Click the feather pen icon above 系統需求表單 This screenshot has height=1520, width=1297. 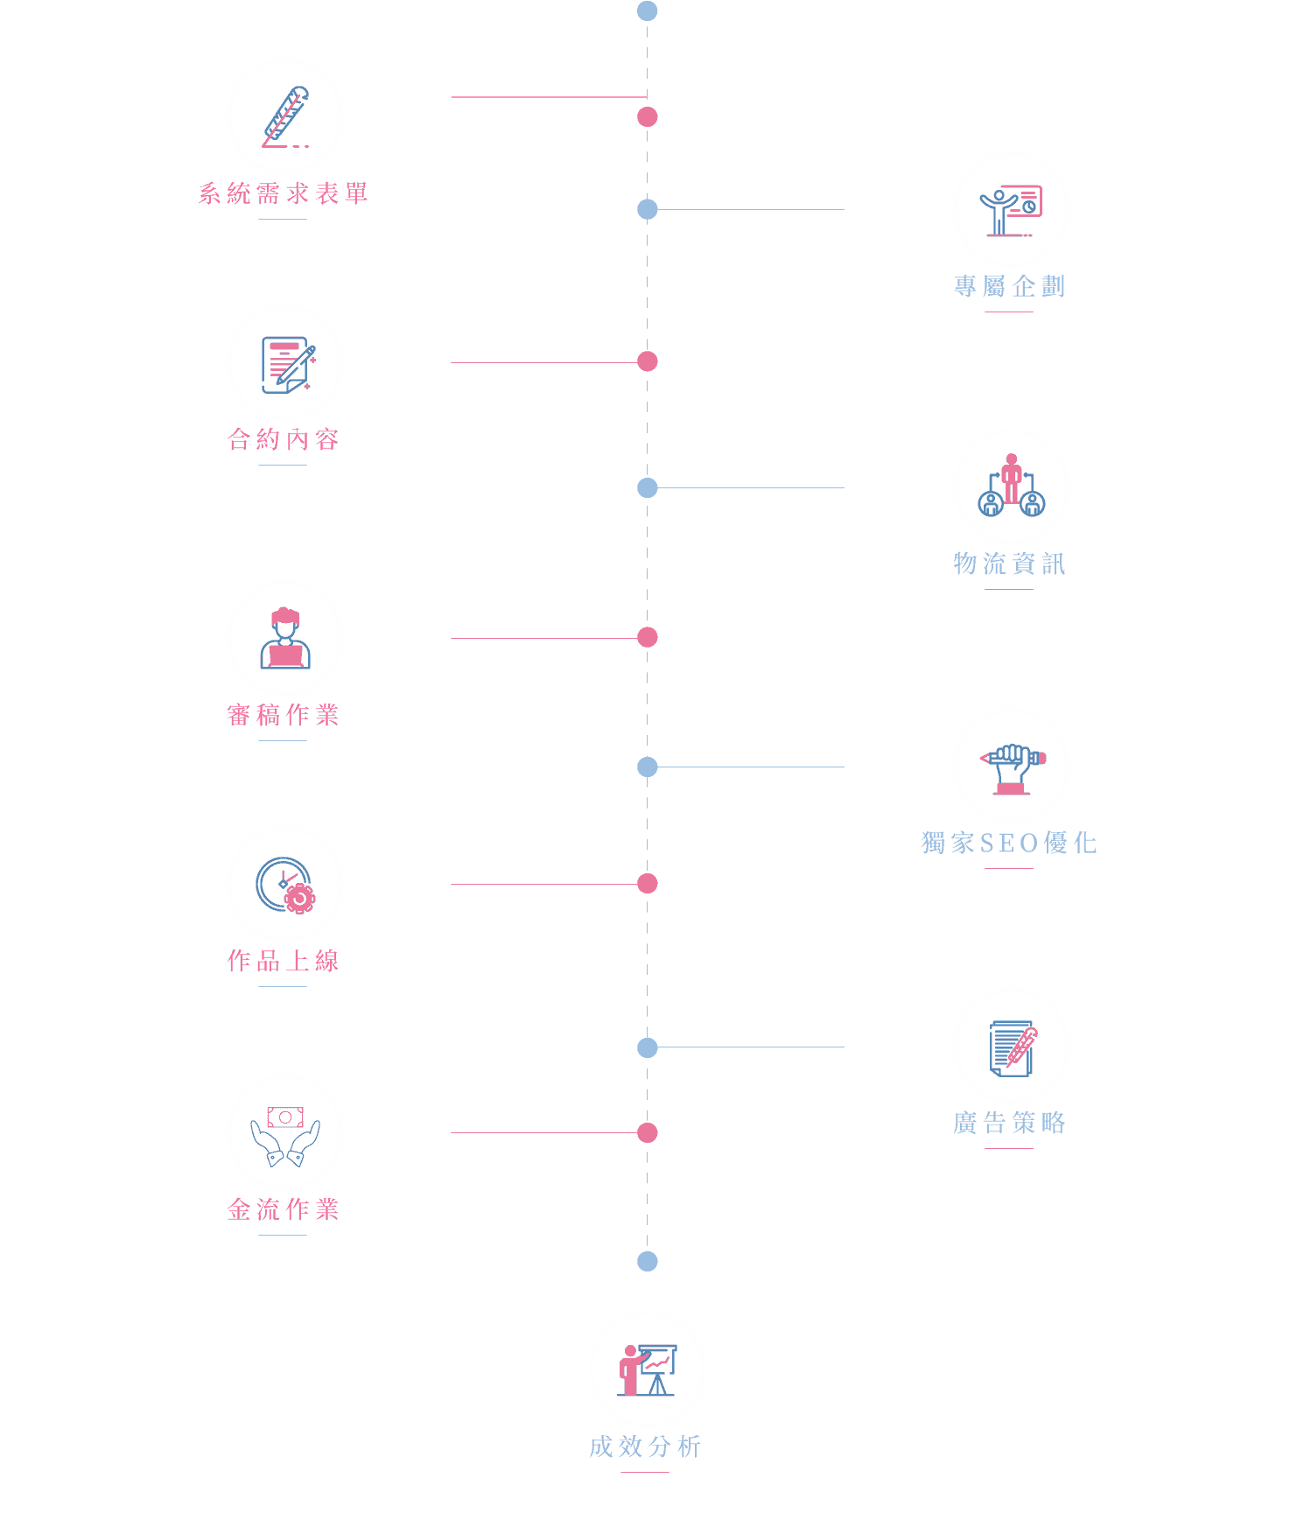[285, 117]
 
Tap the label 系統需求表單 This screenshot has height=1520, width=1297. [283, 193]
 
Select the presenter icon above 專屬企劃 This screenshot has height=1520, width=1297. [1011, 211]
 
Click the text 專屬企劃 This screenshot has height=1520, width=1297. [1009, 286]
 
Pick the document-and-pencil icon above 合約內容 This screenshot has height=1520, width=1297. [288, 365]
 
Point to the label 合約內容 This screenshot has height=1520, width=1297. [283, 439]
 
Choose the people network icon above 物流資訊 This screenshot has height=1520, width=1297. [1011, 485]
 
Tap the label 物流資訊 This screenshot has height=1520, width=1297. [1009, 564]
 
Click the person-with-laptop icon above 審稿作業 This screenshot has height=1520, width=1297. [285, 638]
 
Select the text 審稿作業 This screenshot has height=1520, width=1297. [283, 715]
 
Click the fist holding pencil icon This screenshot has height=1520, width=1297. [1013, 769]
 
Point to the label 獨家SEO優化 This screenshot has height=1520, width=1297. [1009, 843]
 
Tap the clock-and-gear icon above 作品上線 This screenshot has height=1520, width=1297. [285, 886]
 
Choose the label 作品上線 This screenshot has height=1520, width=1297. [283, 961]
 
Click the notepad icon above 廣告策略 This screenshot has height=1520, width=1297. [1013, 1048]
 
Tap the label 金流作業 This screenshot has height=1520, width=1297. [283, 1209]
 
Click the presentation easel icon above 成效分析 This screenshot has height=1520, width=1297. [647, 1370]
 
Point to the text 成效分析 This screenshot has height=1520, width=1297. [645, 1446]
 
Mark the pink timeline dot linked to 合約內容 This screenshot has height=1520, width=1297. [648, 361]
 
